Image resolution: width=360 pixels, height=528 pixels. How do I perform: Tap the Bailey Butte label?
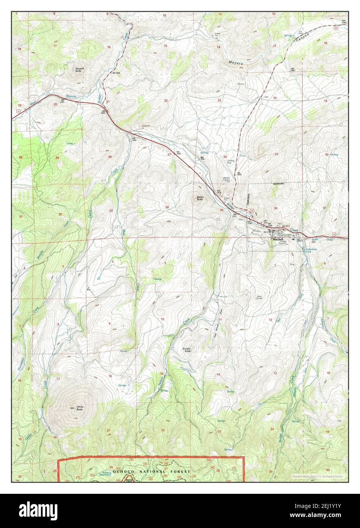click(x=199, y=198)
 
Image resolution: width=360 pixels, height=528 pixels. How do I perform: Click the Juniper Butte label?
click(x=186, y=350)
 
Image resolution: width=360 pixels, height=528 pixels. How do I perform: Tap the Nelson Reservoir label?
click(x=104, y=474)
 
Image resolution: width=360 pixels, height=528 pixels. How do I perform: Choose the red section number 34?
click(x=167, y=207)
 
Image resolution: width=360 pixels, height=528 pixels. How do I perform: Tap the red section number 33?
click(x=111, y=210)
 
